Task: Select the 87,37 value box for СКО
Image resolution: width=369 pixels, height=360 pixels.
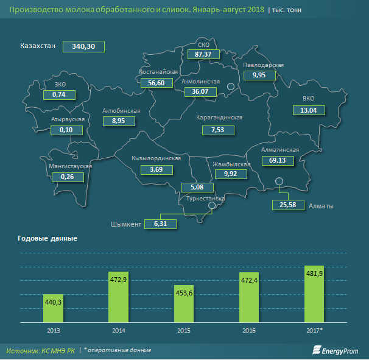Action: pyautogui.click(x=203, y=55)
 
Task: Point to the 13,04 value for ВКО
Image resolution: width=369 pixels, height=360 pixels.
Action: pyautogui.click(x=309, y=110)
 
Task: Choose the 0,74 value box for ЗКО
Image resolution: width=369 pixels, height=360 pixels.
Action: pyautogui.click(x=59, y=95)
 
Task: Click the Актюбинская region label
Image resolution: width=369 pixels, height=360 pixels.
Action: pyautogui.click(x=122, y=111)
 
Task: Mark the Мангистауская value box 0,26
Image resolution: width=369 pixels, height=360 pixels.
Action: pyautogui.click(x=68, y=177)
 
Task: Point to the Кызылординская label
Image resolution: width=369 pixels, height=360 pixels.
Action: pyautogui.click(x=156, y=158)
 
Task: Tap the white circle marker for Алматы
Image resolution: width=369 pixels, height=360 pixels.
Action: pyautogui.click(x=279, y=181)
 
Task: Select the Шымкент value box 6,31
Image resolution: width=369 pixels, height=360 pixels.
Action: pyautogui.click(x=160, y=224)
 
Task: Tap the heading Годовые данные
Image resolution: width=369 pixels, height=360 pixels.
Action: pyautogui.click(x=47, y=238)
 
